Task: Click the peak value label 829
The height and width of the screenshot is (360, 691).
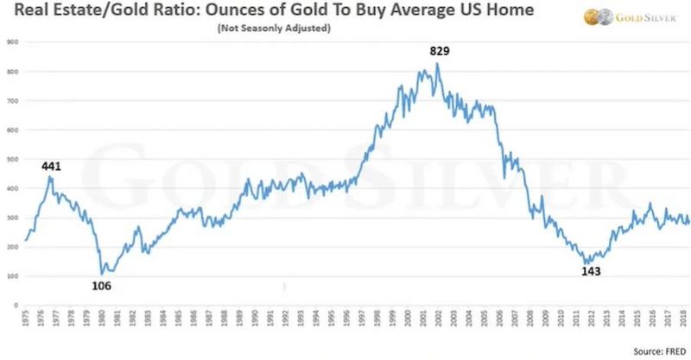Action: click(x=440, y=52)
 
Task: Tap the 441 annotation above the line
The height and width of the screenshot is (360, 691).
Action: click(x=52, y=166)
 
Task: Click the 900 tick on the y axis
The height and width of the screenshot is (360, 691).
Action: click(x=12, y=41)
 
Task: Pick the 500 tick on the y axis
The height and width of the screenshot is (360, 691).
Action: click(x=12, y=159)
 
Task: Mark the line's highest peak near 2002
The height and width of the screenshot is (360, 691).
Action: click(x=438, y=63)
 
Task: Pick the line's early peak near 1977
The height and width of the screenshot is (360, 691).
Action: click(x=50, y=177)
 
